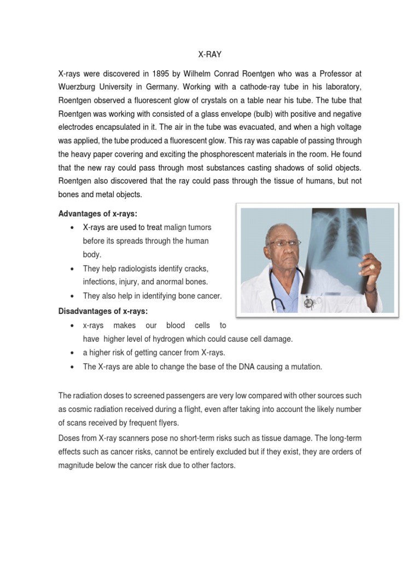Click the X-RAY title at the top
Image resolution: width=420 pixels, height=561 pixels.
209,55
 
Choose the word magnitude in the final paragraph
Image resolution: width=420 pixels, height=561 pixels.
78,465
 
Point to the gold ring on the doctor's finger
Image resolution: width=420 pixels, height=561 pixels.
372,267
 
